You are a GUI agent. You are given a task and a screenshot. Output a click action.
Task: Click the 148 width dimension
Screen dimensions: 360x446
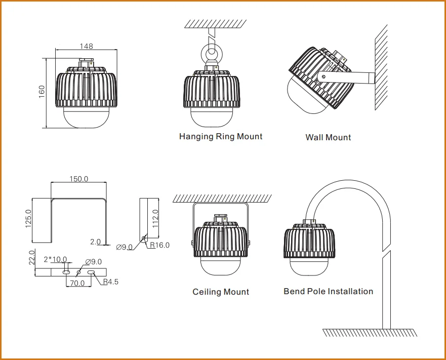86,46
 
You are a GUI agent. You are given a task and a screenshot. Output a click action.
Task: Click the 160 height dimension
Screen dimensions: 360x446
42,91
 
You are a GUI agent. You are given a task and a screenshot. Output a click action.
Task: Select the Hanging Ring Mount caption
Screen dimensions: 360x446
221,136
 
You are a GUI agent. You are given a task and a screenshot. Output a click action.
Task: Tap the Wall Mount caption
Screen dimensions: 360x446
328,137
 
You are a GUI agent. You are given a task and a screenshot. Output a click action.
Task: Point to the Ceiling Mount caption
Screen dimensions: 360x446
221,292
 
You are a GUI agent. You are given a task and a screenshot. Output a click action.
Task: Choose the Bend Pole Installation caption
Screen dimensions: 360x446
328,291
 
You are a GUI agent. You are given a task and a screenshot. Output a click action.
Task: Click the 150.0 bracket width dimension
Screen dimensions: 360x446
78,179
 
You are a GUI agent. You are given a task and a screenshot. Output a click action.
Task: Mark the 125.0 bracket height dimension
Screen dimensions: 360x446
28,219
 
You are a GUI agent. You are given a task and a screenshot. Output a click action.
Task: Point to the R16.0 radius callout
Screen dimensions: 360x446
159,246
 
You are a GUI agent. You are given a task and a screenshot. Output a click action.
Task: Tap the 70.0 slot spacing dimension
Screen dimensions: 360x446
77,283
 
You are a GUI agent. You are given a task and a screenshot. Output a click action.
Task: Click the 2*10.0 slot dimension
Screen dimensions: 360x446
55,259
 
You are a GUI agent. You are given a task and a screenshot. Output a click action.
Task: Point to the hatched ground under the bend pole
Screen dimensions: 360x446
370,333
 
